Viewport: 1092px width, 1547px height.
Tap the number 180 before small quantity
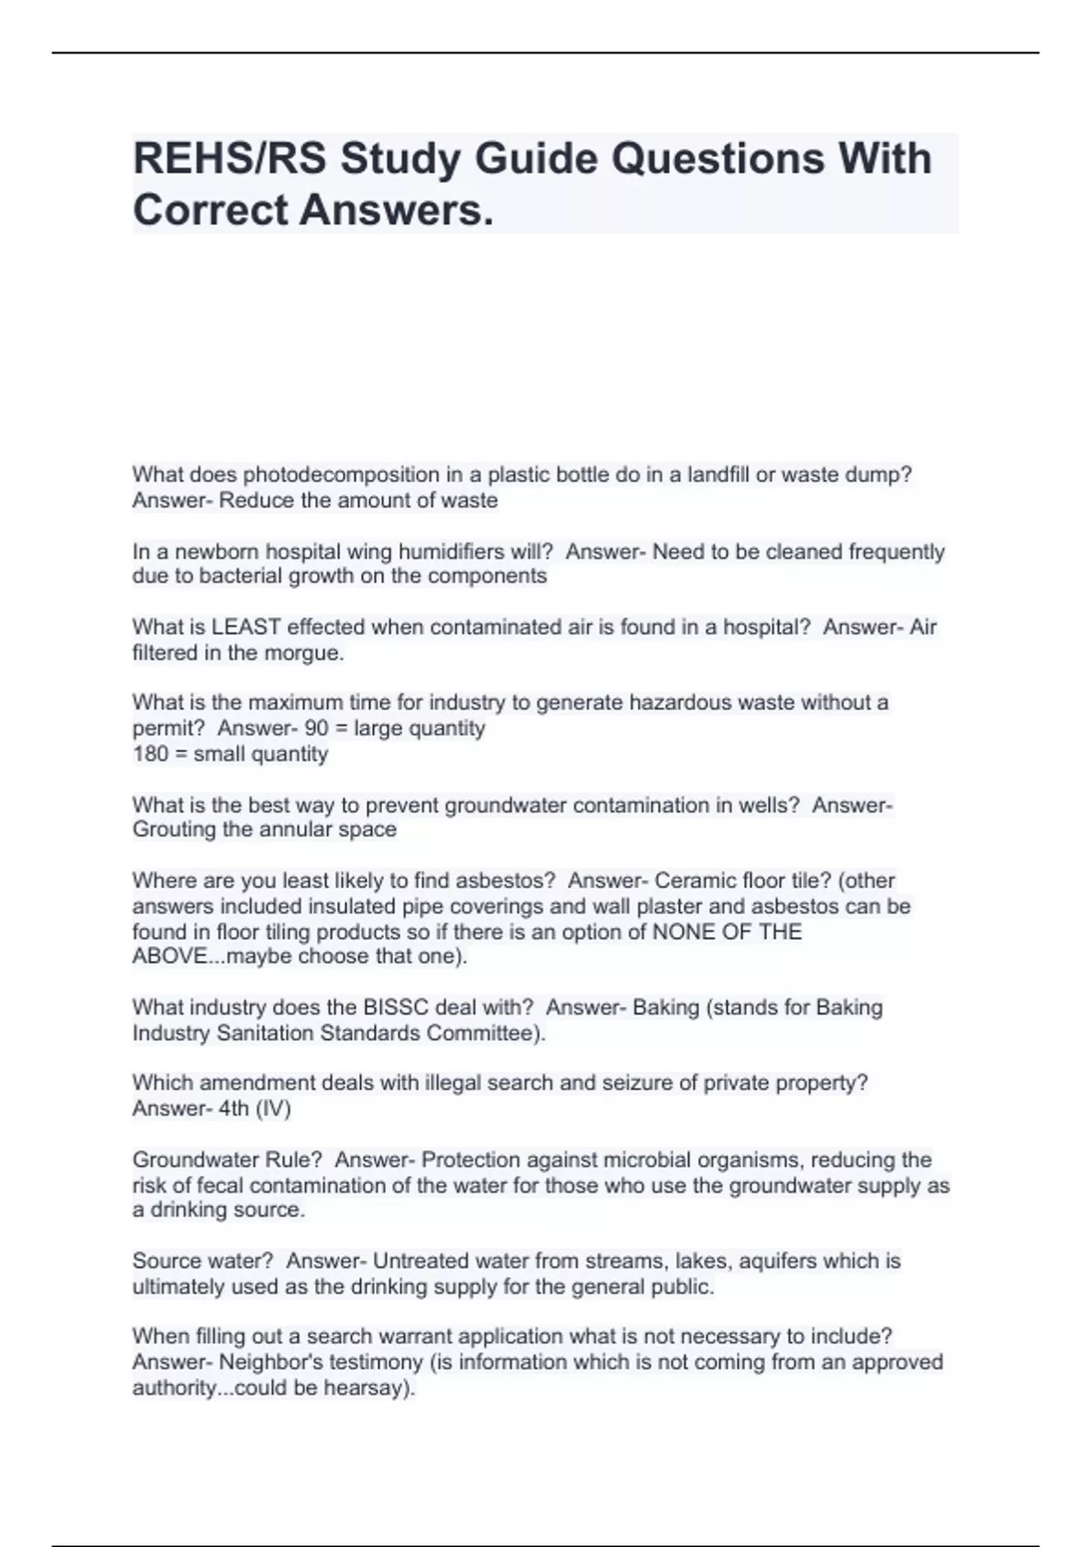(x=151, y=753)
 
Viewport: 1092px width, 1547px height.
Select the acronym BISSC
(x=396, y=1007)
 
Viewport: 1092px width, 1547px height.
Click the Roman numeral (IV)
(x=273, y=1108)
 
